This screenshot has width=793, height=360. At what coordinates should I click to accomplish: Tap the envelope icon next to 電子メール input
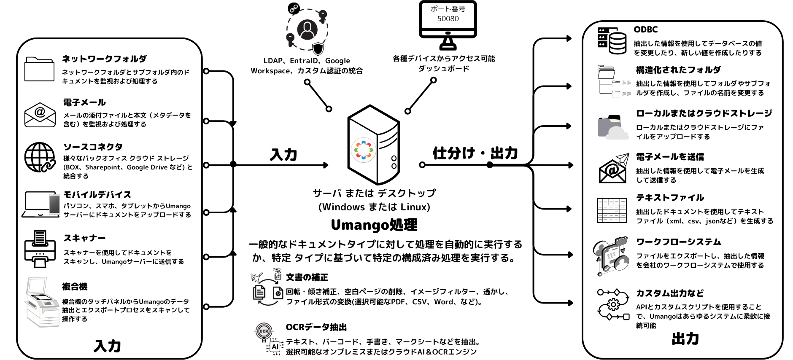point(40,115)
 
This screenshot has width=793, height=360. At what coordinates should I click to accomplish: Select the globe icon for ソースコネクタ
point(40,157)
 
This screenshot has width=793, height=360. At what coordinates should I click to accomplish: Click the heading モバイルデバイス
point(97,195)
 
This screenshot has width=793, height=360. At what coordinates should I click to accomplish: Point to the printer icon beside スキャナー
point(40,249)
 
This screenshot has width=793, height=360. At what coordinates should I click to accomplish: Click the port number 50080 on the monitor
point(448,19)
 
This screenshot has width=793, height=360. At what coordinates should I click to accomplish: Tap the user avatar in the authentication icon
point(307,30)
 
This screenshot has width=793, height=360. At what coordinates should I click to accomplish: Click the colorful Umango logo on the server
point(364,150)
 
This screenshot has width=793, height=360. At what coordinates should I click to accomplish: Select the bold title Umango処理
point(374,225)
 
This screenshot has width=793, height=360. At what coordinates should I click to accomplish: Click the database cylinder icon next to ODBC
point(612,41)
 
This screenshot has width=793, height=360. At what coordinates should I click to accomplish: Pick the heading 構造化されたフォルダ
point(678,70)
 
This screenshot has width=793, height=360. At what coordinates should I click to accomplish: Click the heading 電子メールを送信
point(670,157)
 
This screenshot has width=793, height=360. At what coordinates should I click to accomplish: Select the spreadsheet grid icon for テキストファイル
point(612,210)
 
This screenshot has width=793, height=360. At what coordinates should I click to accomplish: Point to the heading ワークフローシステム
point(678,242)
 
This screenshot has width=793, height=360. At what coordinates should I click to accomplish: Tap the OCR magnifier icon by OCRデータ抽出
point(264,331)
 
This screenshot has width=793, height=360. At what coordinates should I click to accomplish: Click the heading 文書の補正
point(307,277)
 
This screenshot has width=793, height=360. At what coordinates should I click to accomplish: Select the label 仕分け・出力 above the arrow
point(475,153)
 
